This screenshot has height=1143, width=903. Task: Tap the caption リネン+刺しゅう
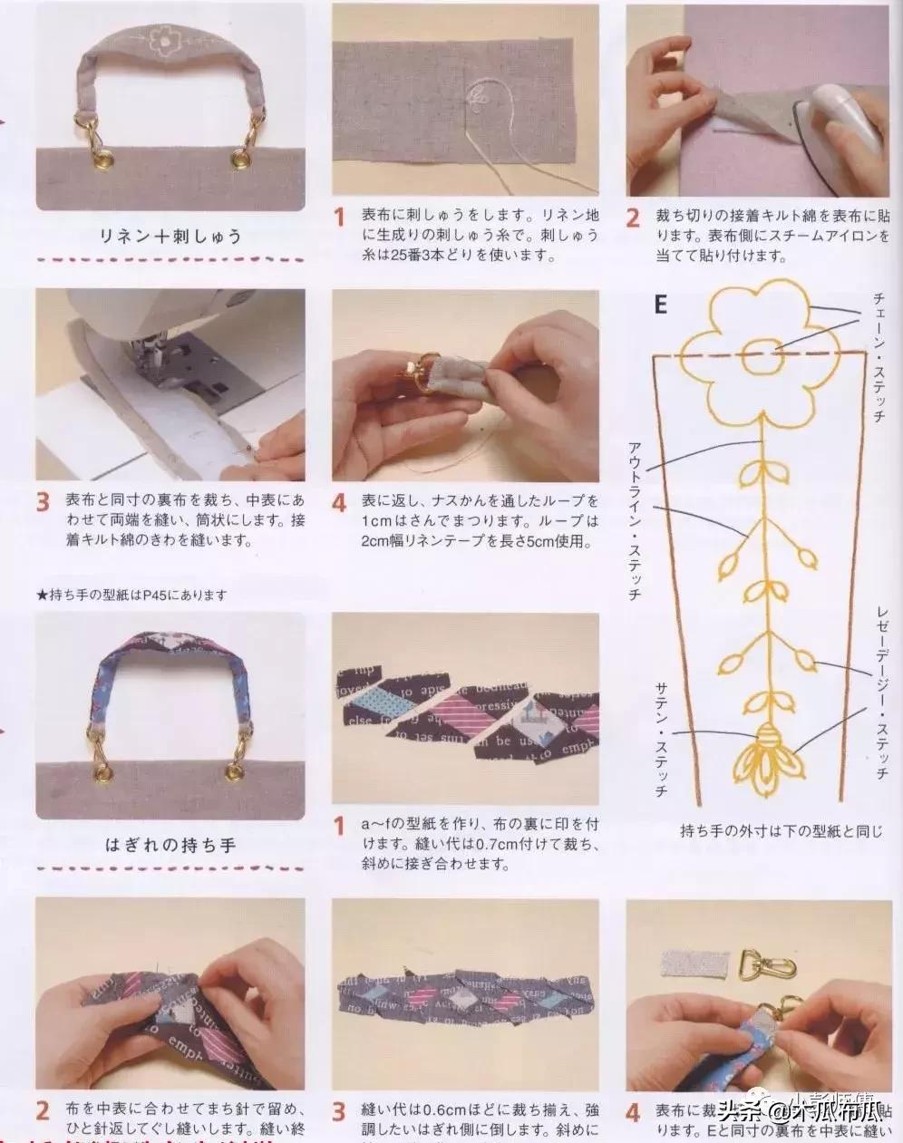pyautogui.click(x=171, y=237)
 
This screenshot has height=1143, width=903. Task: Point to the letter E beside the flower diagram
pyautogui.click(x=660, y=305)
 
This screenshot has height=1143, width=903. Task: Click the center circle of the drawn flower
pyautogui.click(x=760, y=357)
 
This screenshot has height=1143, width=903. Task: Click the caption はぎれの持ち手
pyautogui.click(x=170, y=844)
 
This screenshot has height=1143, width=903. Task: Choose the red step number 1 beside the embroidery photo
pyautogui.click(x=340, y=218)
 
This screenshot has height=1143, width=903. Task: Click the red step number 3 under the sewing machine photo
pyautogui.click(x=43, y=503)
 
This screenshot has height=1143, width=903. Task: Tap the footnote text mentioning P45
pyautogui.click(x=131, y=595)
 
